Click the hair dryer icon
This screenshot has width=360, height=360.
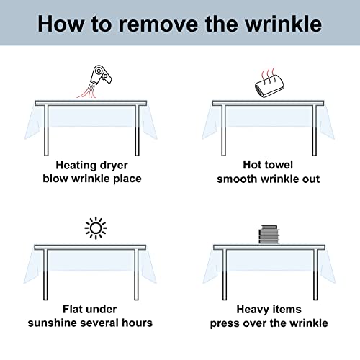click(101, 75)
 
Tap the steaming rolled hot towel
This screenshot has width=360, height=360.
click(269, 86)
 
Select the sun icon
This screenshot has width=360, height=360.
click(96, 228)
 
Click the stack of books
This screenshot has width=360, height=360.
click(269, 235)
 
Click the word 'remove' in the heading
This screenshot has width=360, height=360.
click(159, 24)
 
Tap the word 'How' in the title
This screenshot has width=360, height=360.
click(61, 24)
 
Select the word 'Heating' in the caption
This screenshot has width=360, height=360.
click(76, 166)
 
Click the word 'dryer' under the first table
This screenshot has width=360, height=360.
click(114, 166)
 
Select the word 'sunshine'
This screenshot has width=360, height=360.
click(53, 323)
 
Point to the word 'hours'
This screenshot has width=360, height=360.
click(137, 323)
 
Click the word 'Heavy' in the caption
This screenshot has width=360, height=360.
click(253, 310)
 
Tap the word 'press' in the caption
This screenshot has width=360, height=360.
click(225, 324)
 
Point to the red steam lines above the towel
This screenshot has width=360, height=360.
click(269, 75)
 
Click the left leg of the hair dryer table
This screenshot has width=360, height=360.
click(46, 130)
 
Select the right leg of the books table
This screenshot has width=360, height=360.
click(315, 275)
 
